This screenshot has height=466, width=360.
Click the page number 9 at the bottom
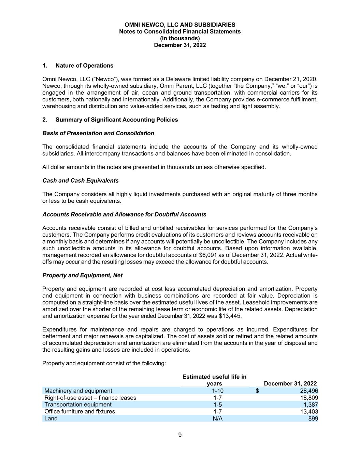180,435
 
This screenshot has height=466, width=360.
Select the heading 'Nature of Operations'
84,66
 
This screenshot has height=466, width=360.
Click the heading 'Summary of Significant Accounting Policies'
116,120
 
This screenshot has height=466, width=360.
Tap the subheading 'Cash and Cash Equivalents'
81,181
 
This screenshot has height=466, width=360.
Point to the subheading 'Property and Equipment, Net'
82,276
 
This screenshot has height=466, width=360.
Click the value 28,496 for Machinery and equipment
309,391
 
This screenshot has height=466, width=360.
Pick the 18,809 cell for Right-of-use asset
309,398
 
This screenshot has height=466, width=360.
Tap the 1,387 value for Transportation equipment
311,405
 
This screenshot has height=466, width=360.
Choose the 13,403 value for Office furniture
309,411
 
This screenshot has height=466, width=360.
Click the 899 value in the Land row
313,419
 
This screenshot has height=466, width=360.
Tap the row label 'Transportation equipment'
78,405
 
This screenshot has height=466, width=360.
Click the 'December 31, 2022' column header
290,384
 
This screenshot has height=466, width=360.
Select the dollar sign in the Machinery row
258,391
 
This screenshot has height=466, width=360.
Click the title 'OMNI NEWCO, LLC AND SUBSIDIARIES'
180,25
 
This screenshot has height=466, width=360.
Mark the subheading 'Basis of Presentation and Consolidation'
98,133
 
